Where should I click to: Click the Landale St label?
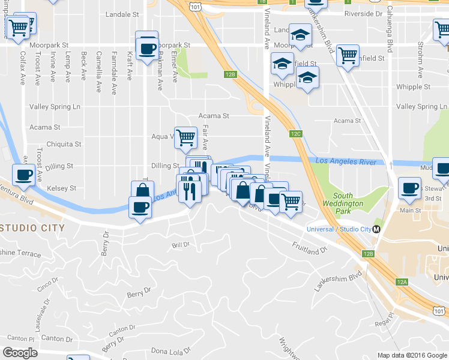[x=122, y=13]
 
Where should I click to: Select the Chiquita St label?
[x=64, y=145]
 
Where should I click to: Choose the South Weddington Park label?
[x=348, y=200]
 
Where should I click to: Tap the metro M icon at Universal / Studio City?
[x=376, y=229]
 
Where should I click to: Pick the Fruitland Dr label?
[x=309, y=247]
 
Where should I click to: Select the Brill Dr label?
[x=180, y=245]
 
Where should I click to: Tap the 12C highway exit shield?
[x=295, y=134]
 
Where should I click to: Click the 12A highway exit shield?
[x=402, y=281]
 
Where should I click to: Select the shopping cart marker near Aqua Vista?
[x=185, y=137]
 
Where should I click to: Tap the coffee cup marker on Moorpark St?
[x=147, y=48]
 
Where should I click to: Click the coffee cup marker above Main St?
[x=409, y=188]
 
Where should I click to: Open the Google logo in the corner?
[x=20, y=353]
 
